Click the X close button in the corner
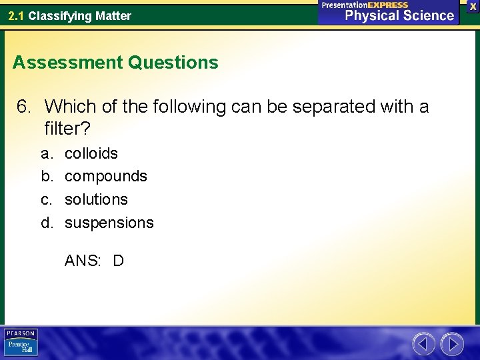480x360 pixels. [x=473, y=6]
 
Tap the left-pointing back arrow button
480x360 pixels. [x=424, y=344]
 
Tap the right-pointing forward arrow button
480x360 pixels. [x=452, y=344]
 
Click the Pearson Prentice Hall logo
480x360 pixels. [x=21, y=343]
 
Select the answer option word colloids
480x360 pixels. [x=91, y=153]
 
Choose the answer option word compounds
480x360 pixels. [x=106, y=176]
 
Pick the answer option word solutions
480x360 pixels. [x=96, y=199]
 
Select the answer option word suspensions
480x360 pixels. [x=109, y=223]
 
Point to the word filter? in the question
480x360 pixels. [x=67, y=127]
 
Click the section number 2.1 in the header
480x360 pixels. [x=17, y=15]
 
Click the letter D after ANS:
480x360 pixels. [x=118, y=261]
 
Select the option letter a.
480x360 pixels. [x=46, y=153]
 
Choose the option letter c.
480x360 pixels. [x=46, y=199]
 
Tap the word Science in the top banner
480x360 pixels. [x=423, y=15]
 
